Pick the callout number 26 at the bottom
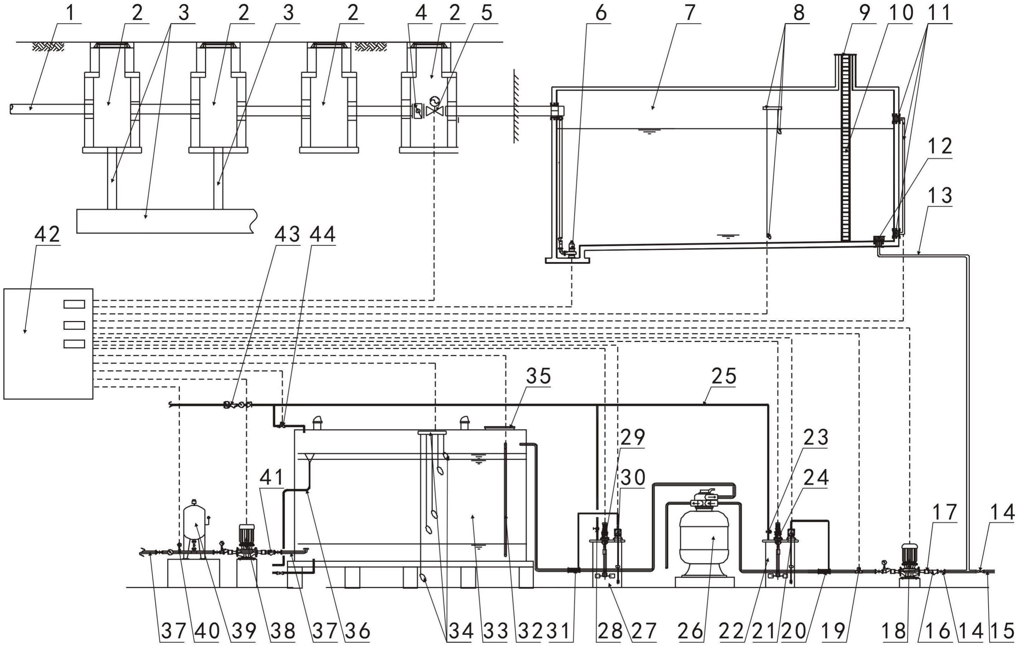(x=690, y=632)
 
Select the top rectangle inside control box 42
(x=74, y=304)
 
